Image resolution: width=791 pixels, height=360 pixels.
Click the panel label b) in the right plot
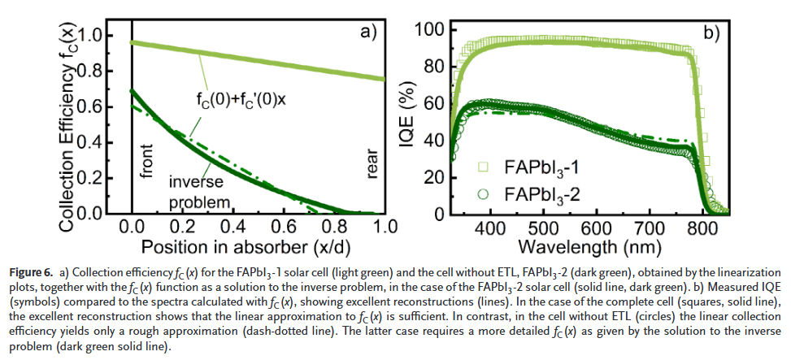712,33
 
